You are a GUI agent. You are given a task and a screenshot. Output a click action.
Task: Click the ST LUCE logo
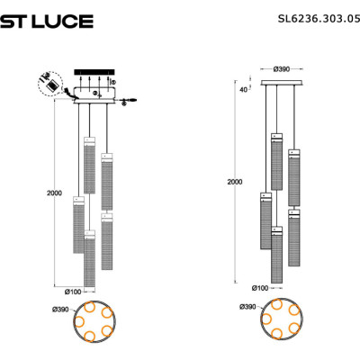(x=47, y=22)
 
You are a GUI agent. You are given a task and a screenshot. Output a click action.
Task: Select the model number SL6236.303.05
(x=319, y=19)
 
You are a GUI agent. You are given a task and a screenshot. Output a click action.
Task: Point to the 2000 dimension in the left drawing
(x=54, y=193)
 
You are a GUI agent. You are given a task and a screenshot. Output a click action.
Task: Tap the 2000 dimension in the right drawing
(x=235, y=182)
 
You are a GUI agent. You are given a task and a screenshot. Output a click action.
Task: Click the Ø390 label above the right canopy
(x=282, y=69)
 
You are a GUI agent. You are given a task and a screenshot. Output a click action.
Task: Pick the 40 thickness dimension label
(x=244, y=89)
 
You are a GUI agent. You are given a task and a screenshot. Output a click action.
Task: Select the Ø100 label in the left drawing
(x=73, y=292)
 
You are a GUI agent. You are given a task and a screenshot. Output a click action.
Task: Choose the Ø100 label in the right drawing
(x=260, y=288)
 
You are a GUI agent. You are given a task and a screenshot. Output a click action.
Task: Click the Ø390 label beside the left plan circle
(x=60, y=310)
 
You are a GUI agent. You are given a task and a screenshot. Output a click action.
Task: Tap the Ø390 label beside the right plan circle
(x=247, y=307)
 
